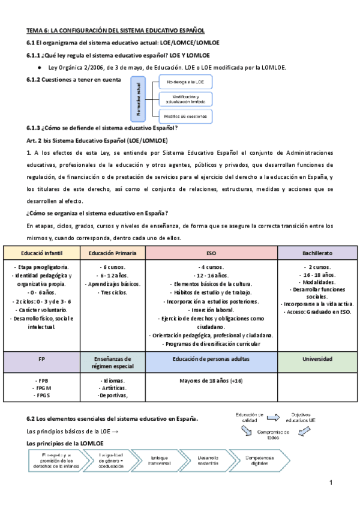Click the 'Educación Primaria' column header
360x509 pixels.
coord(113,253)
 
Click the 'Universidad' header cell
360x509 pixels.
coord(317,358)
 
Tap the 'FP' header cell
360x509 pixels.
coord(42,358)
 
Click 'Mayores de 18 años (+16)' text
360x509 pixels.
coord(211,381)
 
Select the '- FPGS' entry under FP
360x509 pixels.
coord(42,395)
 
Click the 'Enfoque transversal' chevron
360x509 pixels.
coord(161,462)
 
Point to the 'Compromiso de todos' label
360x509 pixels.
coord(273,435)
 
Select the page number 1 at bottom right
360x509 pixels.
coord(330,483)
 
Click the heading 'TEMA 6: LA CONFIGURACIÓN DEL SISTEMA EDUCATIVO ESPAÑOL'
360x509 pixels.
coord(116,29)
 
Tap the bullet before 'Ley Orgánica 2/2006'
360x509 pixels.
coord(38,67)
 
